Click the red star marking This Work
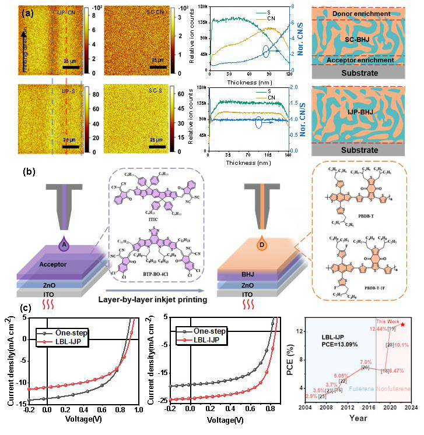tap(403, 324)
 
